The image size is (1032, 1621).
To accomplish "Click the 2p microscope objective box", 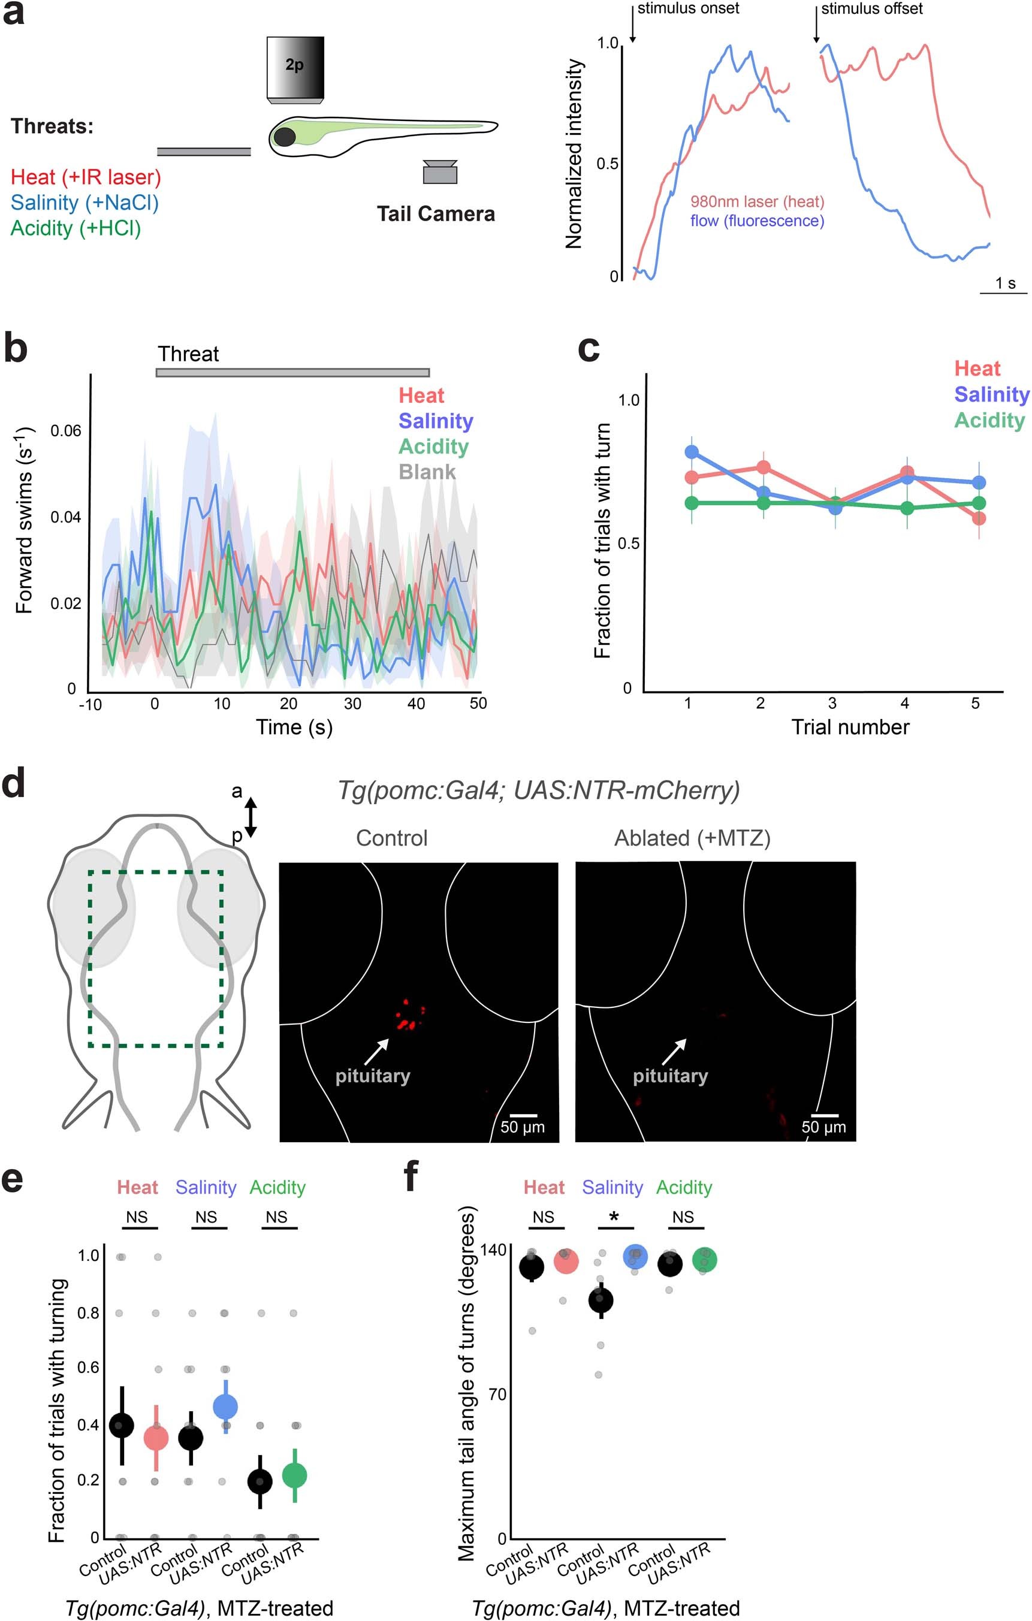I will [295, 67].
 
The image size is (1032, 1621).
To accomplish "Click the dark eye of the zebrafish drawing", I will [284, 137].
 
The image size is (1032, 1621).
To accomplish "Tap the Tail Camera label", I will [436, 214].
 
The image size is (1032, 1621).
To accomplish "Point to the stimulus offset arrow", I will [816, 26].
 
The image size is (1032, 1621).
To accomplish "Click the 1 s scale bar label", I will [1005, 283].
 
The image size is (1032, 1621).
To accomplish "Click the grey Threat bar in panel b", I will [293, 372].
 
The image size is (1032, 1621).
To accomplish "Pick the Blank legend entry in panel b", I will [427, 472].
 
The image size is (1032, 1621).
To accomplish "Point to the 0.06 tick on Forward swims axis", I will [65, 431].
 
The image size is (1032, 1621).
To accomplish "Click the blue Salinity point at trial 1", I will [692, 452].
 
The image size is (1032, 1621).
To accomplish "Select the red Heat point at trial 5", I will [979, 518].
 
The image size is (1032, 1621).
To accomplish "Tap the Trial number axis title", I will [850, 727].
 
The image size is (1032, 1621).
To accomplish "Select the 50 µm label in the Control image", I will [523, 1127].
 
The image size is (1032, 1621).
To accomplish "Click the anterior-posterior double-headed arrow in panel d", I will [251, 817].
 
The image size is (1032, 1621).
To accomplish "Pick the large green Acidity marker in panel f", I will [704, 1260].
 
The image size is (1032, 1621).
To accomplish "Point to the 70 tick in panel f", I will [497, 1394].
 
